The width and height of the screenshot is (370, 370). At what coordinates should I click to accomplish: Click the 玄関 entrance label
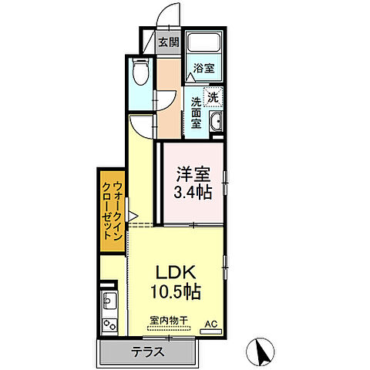click(x=169, y=42)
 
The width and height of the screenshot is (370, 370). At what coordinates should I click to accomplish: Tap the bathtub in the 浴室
click(x=203, y=42)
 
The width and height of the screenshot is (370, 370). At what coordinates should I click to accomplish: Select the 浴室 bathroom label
click(x=204, y=68)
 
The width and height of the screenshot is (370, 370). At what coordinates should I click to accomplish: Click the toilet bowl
click(x=140, y=71)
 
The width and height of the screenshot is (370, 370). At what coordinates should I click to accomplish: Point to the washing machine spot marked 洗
click(x=213, y=97)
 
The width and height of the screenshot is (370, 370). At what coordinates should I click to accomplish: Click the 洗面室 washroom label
click(x=197, y=113)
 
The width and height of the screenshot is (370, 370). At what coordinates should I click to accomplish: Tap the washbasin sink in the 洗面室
click(x=216, y=122)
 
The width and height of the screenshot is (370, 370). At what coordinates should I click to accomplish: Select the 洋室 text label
click(x=193, y=174)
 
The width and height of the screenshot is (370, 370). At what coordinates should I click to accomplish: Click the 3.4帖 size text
click(x=193, y=192)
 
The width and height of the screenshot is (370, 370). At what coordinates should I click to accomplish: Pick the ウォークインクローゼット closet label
click(x=113, y=210)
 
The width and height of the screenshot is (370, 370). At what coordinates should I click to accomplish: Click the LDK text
click(x=177, y=273)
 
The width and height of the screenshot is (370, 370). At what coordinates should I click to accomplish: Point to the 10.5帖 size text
click(x=176, y=291)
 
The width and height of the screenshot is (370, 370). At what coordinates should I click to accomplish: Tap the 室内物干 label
click(x=169, y=321)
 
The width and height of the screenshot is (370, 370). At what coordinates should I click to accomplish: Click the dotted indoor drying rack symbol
click(x=169, y=328)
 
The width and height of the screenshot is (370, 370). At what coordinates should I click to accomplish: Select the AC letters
click(x=211, y=324)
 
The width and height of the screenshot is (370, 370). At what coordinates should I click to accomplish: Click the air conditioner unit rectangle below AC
click(x=211, y=331)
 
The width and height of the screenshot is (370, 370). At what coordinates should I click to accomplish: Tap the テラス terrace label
click(x=148, y=351)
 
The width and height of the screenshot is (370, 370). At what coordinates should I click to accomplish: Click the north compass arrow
click(x=262, y=351)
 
